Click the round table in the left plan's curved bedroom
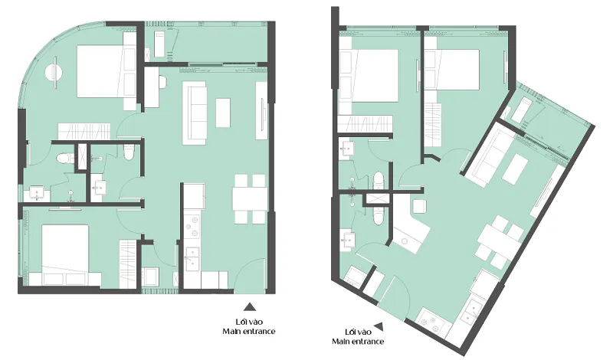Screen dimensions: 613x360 [x=54, y=72]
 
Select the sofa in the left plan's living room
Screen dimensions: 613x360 [x=195, y=113]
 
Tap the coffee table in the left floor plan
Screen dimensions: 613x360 [x=223, y=113]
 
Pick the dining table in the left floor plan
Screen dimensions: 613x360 [x=251, y=199]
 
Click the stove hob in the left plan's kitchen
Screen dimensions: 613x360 [x=192, y=227]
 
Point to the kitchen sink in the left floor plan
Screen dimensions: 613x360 [x=192, y=259]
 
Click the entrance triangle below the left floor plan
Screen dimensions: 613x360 [x=250, y=306]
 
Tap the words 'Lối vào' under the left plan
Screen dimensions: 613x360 [x=249, y=322]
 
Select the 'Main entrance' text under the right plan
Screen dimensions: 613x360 [x=358, y=342]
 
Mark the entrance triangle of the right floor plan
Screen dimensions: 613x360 [x=379, y=326]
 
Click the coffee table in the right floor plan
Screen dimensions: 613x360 [x=515, y=169]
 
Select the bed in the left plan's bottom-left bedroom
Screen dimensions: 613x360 [x=65, y=250]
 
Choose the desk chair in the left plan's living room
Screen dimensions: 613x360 [x=163, y=81]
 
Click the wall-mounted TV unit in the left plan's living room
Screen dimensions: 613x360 [x=261, y=110]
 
